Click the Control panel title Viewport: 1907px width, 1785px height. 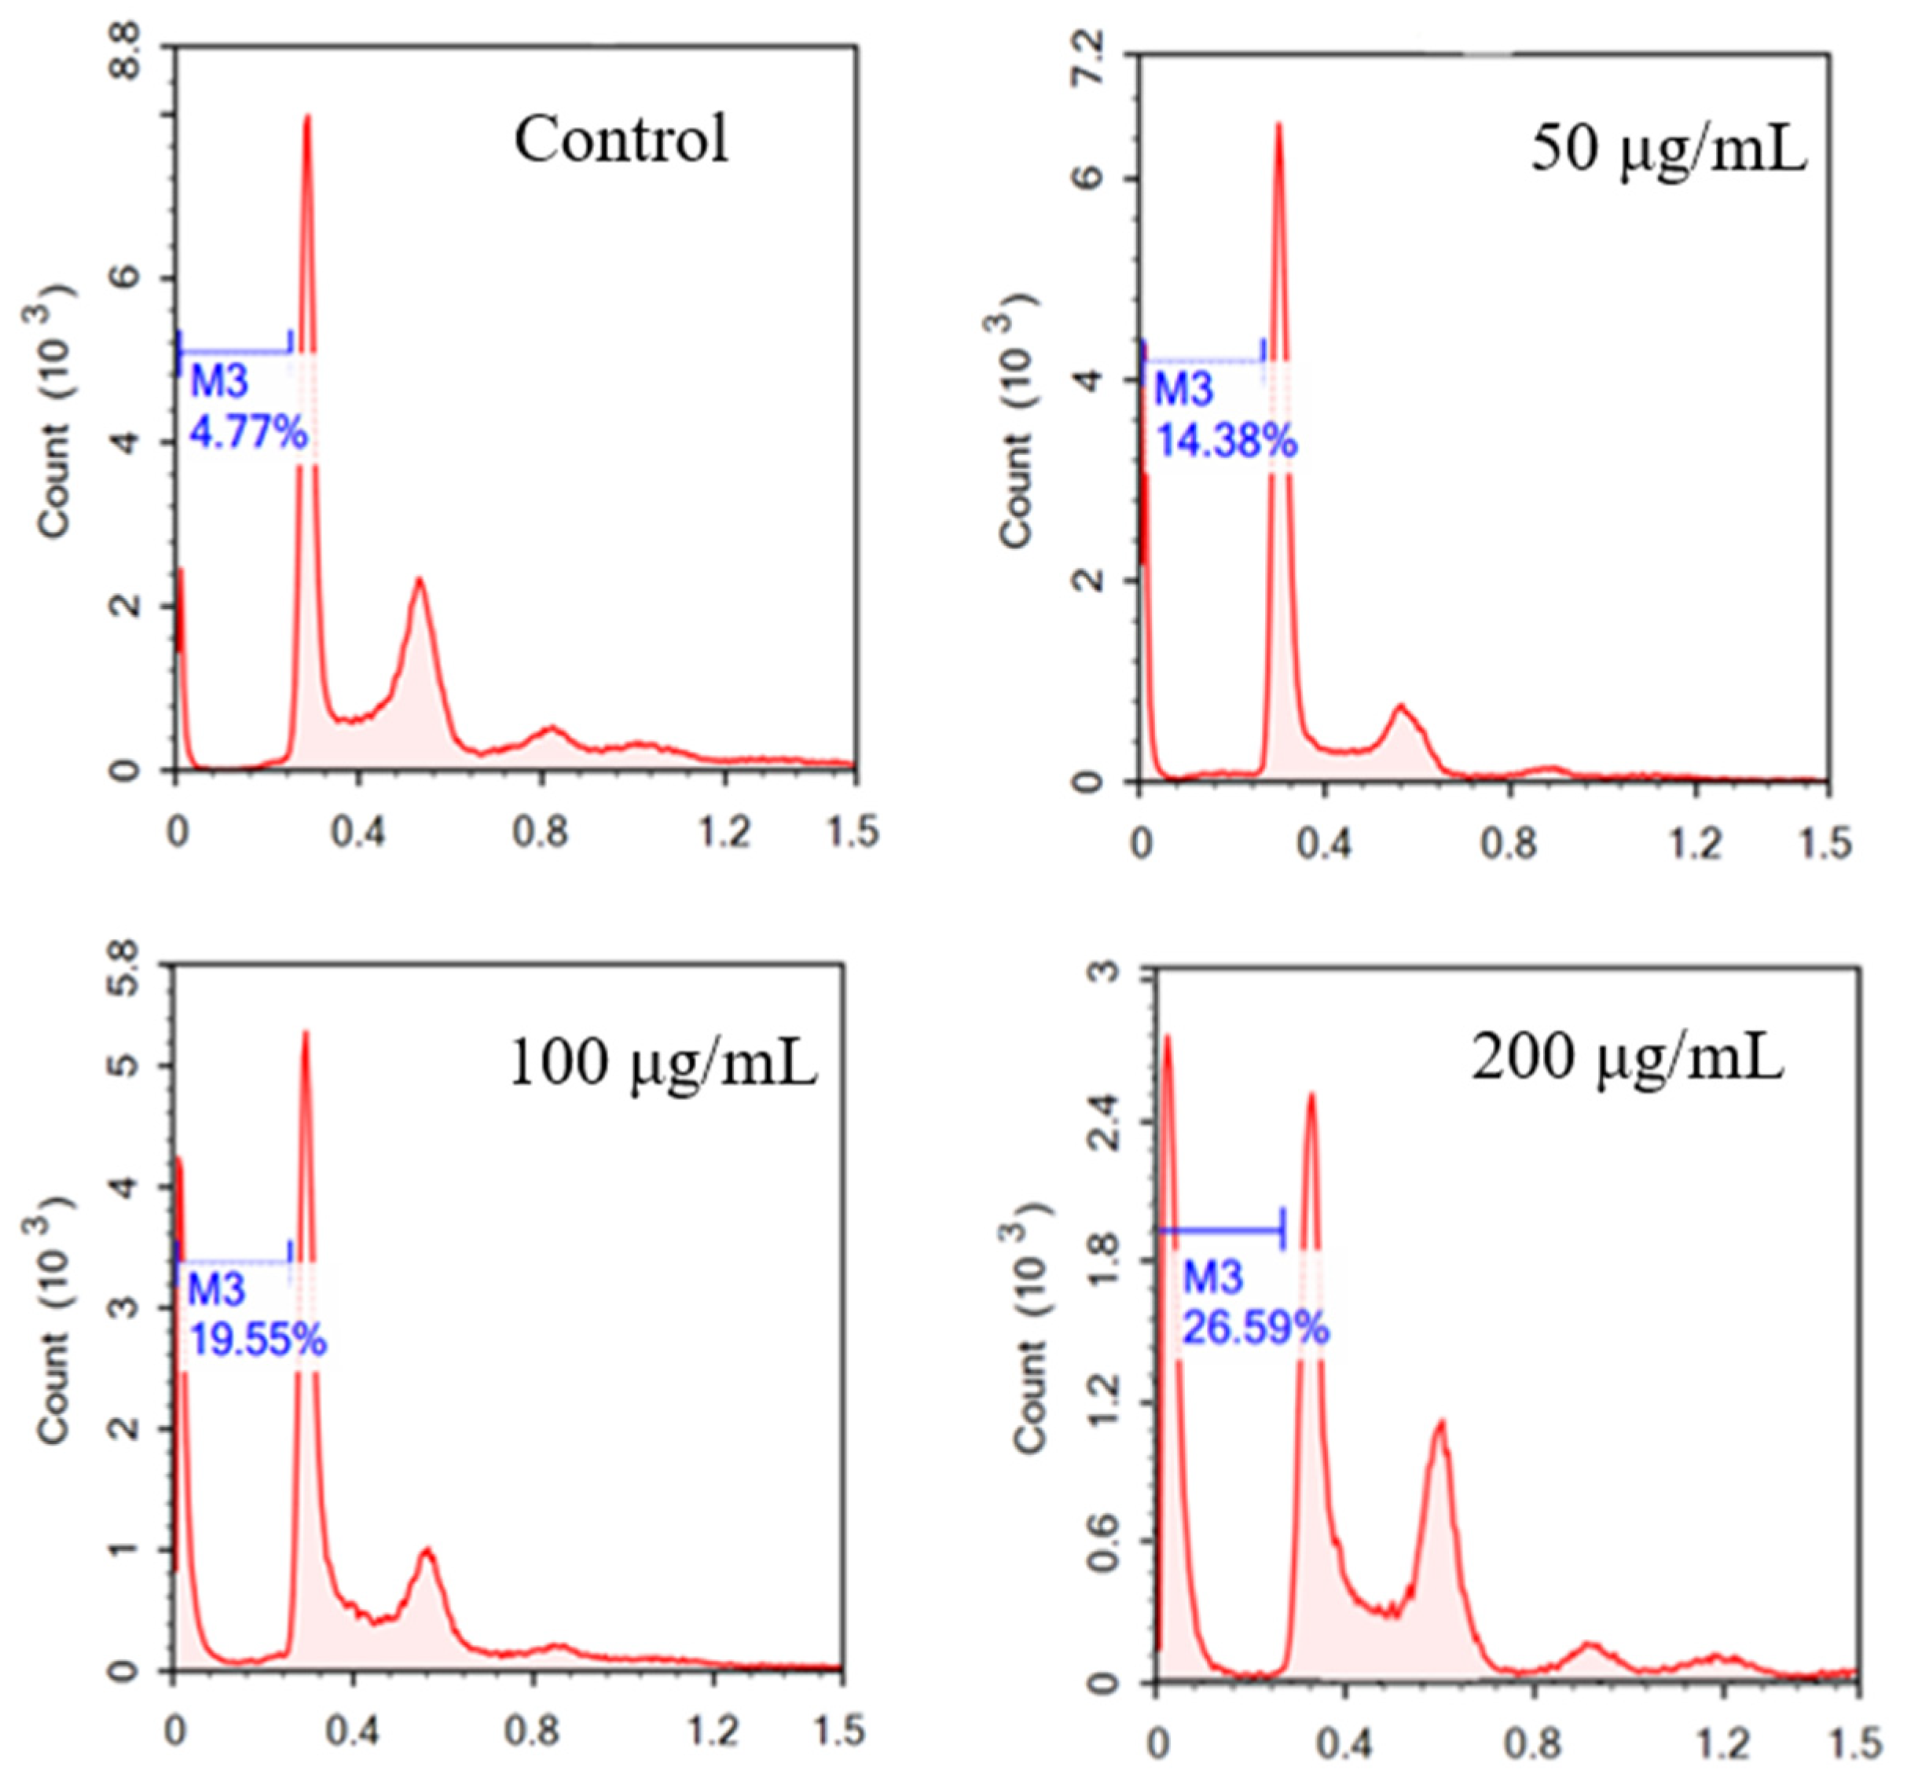[621, 140]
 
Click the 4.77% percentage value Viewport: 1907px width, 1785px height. [248, 434]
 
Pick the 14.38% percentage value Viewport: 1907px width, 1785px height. [1225, 442]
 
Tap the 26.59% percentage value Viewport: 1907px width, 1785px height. [1255, 1329]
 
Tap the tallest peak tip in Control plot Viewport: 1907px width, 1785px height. [307, 116]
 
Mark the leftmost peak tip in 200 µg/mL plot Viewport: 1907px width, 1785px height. [1168, 1036]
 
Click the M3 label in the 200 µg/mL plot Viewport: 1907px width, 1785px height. [1212, 1277]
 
